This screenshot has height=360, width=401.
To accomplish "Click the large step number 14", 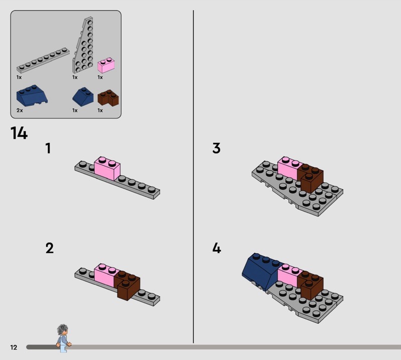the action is tap(19, 133).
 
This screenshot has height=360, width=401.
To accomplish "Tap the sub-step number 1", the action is tap(48, 148).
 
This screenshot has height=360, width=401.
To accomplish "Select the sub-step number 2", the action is tap(50, 248).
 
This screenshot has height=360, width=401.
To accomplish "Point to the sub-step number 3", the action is tap(217, 148).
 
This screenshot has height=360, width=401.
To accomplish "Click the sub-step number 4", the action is tap(217, 248).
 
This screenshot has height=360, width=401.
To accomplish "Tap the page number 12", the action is tap(14, 347).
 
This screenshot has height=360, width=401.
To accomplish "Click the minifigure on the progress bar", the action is tap(63, 338).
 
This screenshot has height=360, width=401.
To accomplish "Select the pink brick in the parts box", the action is tap(106, 65).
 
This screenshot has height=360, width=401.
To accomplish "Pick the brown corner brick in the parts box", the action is tap(108, 97).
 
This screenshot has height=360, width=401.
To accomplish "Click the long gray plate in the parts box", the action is tap(43, 60).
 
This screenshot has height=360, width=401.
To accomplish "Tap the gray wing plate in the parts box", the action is tap(83, 45).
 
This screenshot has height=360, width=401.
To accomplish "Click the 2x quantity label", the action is tap(20, 110).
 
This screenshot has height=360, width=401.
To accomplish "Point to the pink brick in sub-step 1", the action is tap(107, 168).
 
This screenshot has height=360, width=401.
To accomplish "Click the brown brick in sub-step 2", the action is tap(127, 285).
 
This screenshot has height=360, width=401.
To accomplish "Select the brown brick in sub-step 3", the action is tap(310, 178).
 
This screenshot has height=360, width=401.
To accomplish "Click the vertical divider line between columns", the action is tap(193, 176).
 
